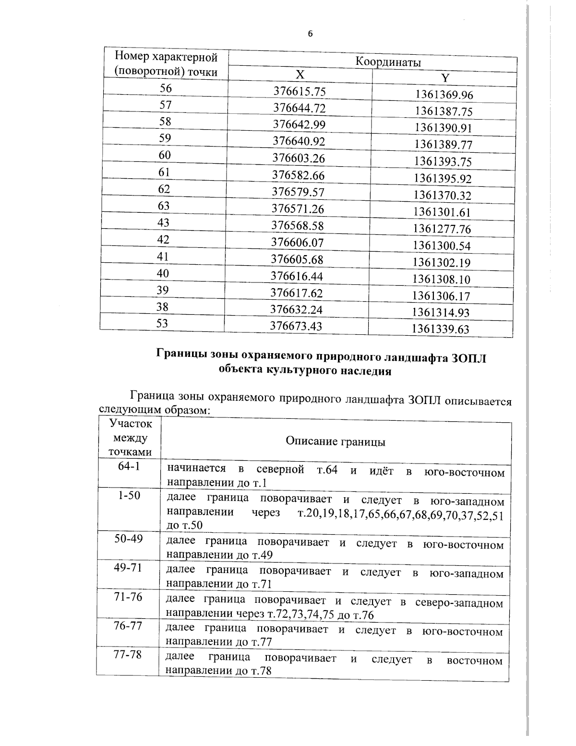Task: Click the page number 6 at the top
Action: point(310,34)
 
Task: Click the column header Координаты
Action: point(388,62)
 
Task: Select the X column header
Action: point(300,74)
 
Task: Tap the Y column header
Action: point(445,78)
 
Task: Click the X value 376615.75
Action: point(300,91)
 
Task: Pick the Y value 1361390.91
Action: point(444,128)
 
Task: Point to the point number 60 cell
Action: point(165,155)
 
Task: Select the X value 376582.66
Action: point(299,175)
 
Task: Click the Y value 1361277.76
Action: point(442,229)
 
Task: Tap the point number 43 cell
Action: point(163,222)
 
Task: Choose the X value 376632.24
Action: point(297,309)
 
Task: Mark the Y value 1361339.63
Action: point(441,329)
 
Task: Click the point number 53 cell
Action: point(162,323)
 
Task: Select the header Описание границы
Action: point(336,441)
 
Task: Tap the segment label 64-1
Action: point(129,466)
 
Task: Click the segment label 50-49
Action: point(128,538)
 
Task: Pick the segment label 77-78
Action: point(127,655)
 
